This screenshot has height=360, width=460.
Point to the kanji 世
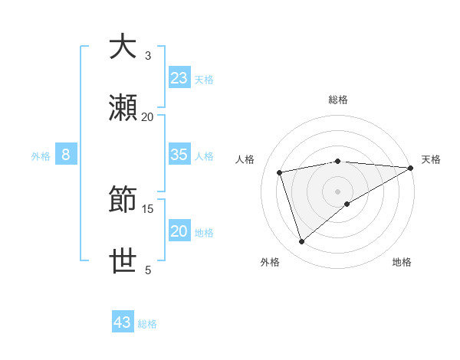tap(123, 260)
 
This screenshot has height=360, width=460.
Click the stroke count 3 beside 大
tap(148, 55)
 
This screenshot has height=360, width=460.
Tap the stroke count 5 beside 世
tap(148, 270)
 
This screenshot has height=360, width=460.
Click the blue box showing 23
tap(179, 78)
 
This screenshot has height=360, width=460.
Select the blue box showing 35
tap(179, 155)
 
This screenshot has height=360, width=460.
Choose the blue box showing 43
tap(123, 322)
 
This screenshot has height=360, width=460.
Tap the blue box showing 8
tap(66, 155)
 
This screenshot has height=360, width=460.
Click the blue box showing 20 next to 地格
tap(179, 231)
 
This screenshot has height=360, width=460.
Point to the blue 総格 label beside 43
tap(147, 324)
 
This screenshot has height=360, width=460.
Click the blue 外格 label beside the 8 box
tap(41, 156)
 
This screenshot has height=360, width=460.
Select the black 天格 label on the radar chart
tap(431, 159)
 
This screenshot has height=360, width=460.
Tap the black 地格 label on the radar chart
tap(402, 263)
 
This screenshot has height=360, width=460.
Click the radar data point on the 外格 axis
tap(302, 242)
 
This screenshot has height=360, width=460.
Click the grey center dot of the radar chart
tap(337, 191)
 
